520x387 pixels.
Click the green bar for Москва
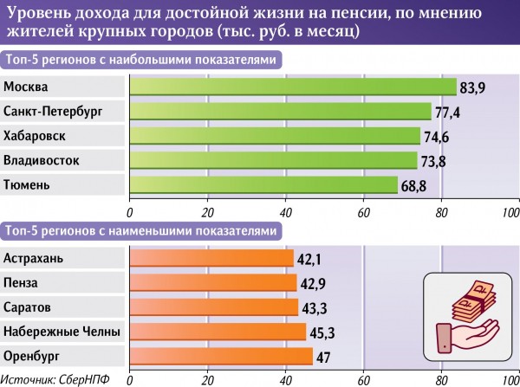(x=293, y=87)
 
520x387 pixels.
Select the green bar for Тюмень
(x=263, y=184)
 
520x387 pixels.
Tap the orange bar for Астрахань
(x=211, y=258)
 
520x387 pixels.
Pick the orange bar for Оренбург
(x=221, y=356)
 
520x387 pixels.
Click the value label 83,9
(x=472, y=87)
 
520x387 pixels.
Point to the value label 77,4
(x=447, y=112)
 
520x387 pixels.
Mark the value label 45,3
(x=322, y=332)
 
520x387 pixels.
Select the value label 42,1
(x=309, y=258)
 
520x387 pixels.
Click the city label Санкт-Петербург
(x=53, y=112)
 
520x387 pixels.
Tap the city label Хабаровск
(x=35, y=136)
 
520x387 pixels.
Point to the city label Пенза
(x=21, y=282)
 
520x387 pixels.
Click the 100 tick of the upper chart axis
(x=511, y=212)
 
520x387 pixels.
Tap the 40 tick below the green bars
(x=286, y=212)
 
